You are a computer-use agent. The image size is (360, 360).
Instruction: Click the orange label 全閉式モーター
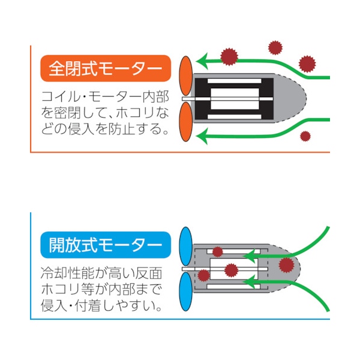102,68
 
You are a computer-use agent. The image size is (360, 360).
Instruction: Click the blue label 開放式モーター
102,245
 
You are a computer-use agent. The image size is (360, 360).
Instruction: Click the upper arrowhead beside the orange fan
204,61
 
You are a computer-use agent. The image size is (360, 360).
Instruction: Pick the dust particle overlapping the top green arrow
229,56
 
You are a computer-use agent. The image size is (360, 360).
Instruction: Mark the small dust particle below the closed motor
306,136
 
